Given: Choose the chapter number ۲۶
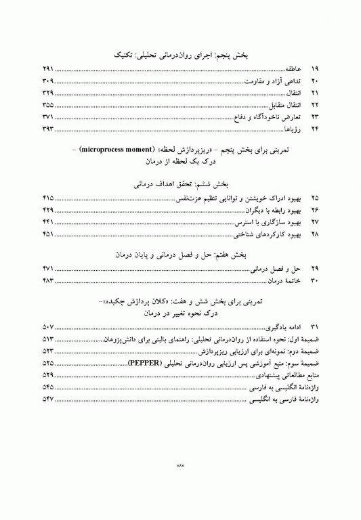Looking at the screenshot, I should (x=314, y=209).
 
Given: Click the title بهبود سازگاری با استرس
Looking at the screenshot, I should (x=263, y=221).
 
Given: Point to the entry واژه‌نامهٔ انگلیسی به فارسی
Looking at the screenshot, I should (x=272, y=387).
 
